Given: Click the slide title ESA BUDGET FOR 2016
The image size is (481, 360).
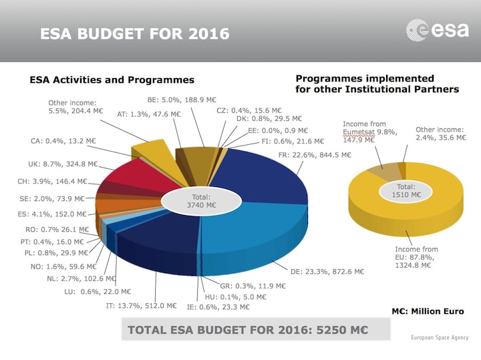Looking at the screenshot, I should (x=134, y=33).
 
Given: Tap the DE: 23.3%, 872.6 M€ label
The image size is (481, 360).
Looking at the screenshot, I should (x=327, y=272).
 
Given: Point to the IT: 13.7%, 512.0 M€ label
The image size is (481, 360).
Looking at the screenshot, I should (x=141, y=306).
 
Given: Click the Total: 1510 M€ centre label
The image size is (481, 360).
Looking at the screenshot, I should (x=406, y=191).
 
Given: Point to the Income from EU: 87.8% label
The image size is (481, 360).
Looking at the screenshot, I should (x=418, y=257).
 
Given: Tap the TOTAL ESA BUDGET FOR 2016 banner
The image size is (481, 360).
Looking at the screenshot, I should (x=245, y=329).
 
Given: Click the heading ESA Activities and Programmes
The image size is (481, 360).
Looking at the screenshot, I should (x=112, y=79).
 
